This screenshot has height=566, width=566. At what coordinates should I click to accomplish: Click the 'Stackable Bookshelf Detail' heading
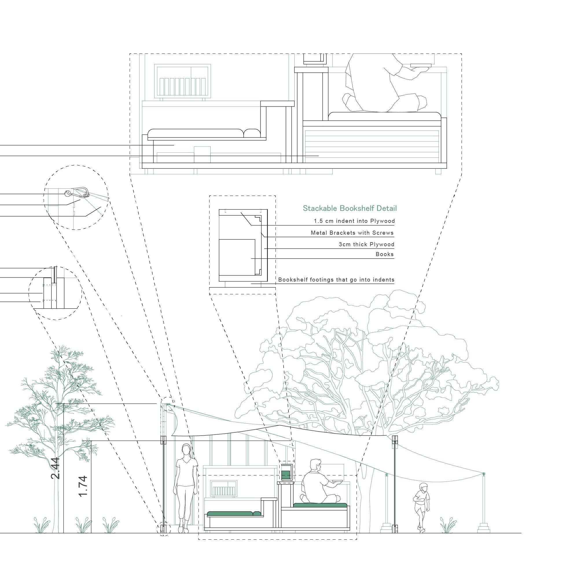pyautogui.click(x=350, y=208)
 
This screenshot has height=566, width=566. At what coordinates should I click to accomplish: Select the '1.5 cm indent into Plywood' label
pyautogui.click(x=354, y=221)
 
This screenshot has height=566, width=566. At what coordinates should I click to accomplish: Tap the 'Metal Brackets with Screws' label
pyautogui.click(x=352, y=233)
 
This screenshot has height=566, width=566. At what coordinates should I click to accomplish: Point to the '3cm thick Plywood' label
pyautogui.click(x=367, y=244)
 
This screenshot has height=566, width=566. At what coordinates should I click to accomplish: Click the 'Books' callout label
pyautogui.click(x=384, y=254)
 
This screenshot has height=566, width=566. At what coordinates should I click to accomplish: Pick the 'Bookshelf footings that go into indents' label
pyautogui.click(x=336, y=280)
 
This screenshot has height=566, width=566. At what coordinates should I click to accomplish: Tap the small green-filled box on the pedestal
pyautogui.click(x=286, y=474)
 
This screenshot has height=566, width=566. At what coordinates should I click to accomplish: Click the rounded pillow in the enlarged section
pyautogui.click(x=252, y=133)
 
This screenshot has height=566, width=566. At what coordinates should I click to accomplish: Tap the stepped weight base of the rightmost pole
pyautogui.click(x=484, y=527)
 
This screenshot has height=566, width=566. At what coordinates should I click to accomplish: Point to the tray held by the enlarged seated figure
pyautogui.click(x=421, y=66)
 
